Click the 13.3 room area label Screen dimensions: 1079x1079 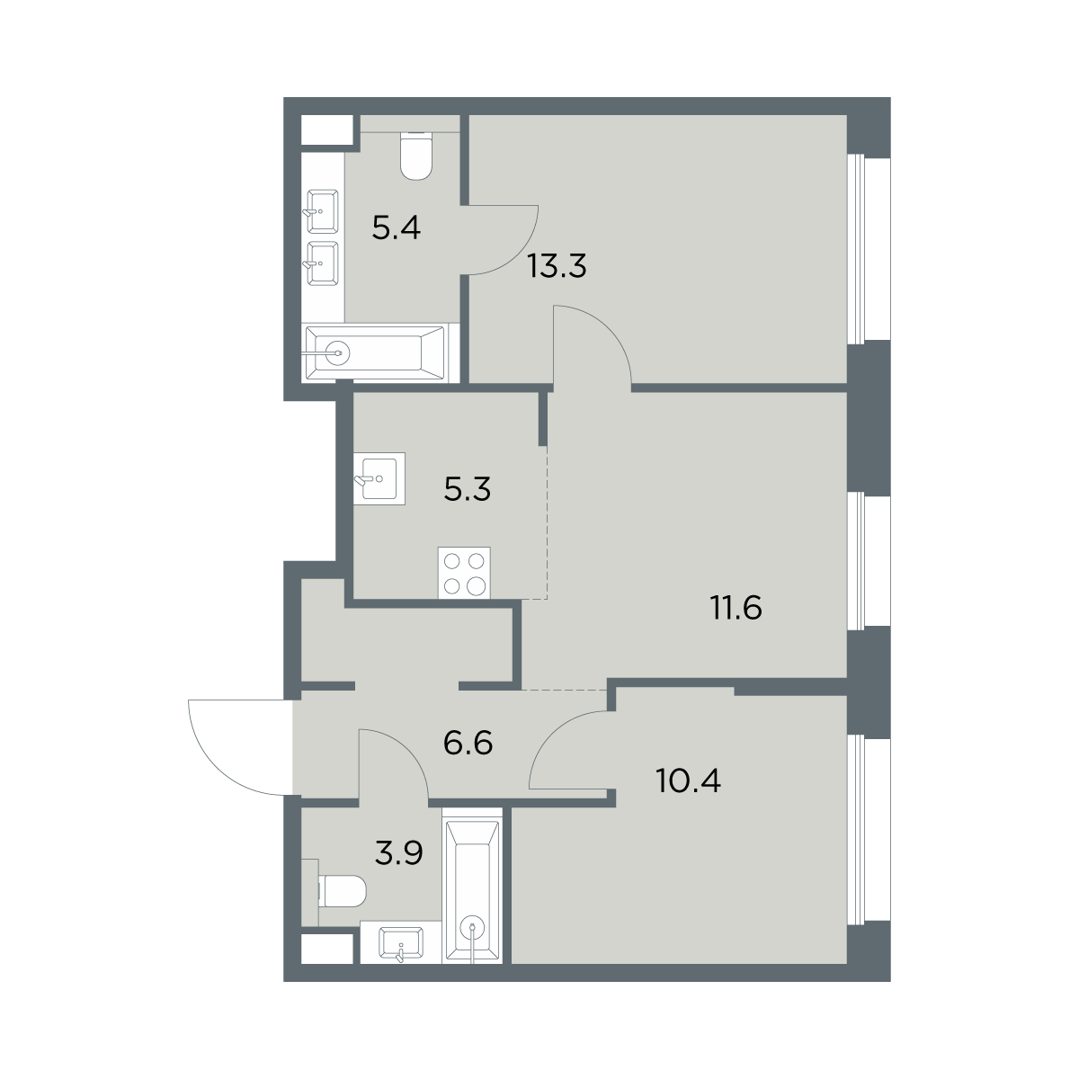click(557, 266)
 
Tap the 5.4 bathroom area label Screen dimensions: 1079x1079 click(396, 227)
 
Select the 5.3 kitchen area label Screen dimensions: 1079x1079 click(467, 489)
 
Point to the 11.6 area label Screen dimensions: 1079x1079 click(736, 608)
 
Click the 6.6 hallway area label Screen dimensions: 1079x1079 click(468, 743)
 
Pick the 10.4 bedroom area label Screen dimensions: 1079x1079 click(688, 780)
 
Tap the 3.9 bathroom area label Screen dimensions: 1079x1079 click(398, 853)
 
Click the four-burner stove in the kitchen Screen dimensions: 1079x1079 click(464, 574)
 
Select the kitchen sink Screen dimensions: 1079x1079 click(379, 479)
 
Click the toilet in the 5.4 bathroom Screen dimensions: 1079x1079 click(417, 156)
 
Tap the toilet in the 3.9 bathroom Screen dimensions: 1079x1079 click(342, 891)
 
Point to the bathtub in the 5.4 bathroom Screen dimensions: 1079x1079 click(375, 352)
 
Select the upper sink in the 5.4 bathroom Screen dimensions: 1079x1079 click(322, 211)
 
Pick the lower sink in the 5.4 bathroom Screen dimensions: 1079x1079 click(322, 263)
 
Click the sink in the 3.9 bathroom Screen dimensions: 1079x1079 click(401, 942)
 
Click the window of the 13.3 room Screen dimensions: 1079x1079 click(868, 248)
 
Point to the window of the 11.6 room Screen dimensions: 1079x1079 click(868, 561)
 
